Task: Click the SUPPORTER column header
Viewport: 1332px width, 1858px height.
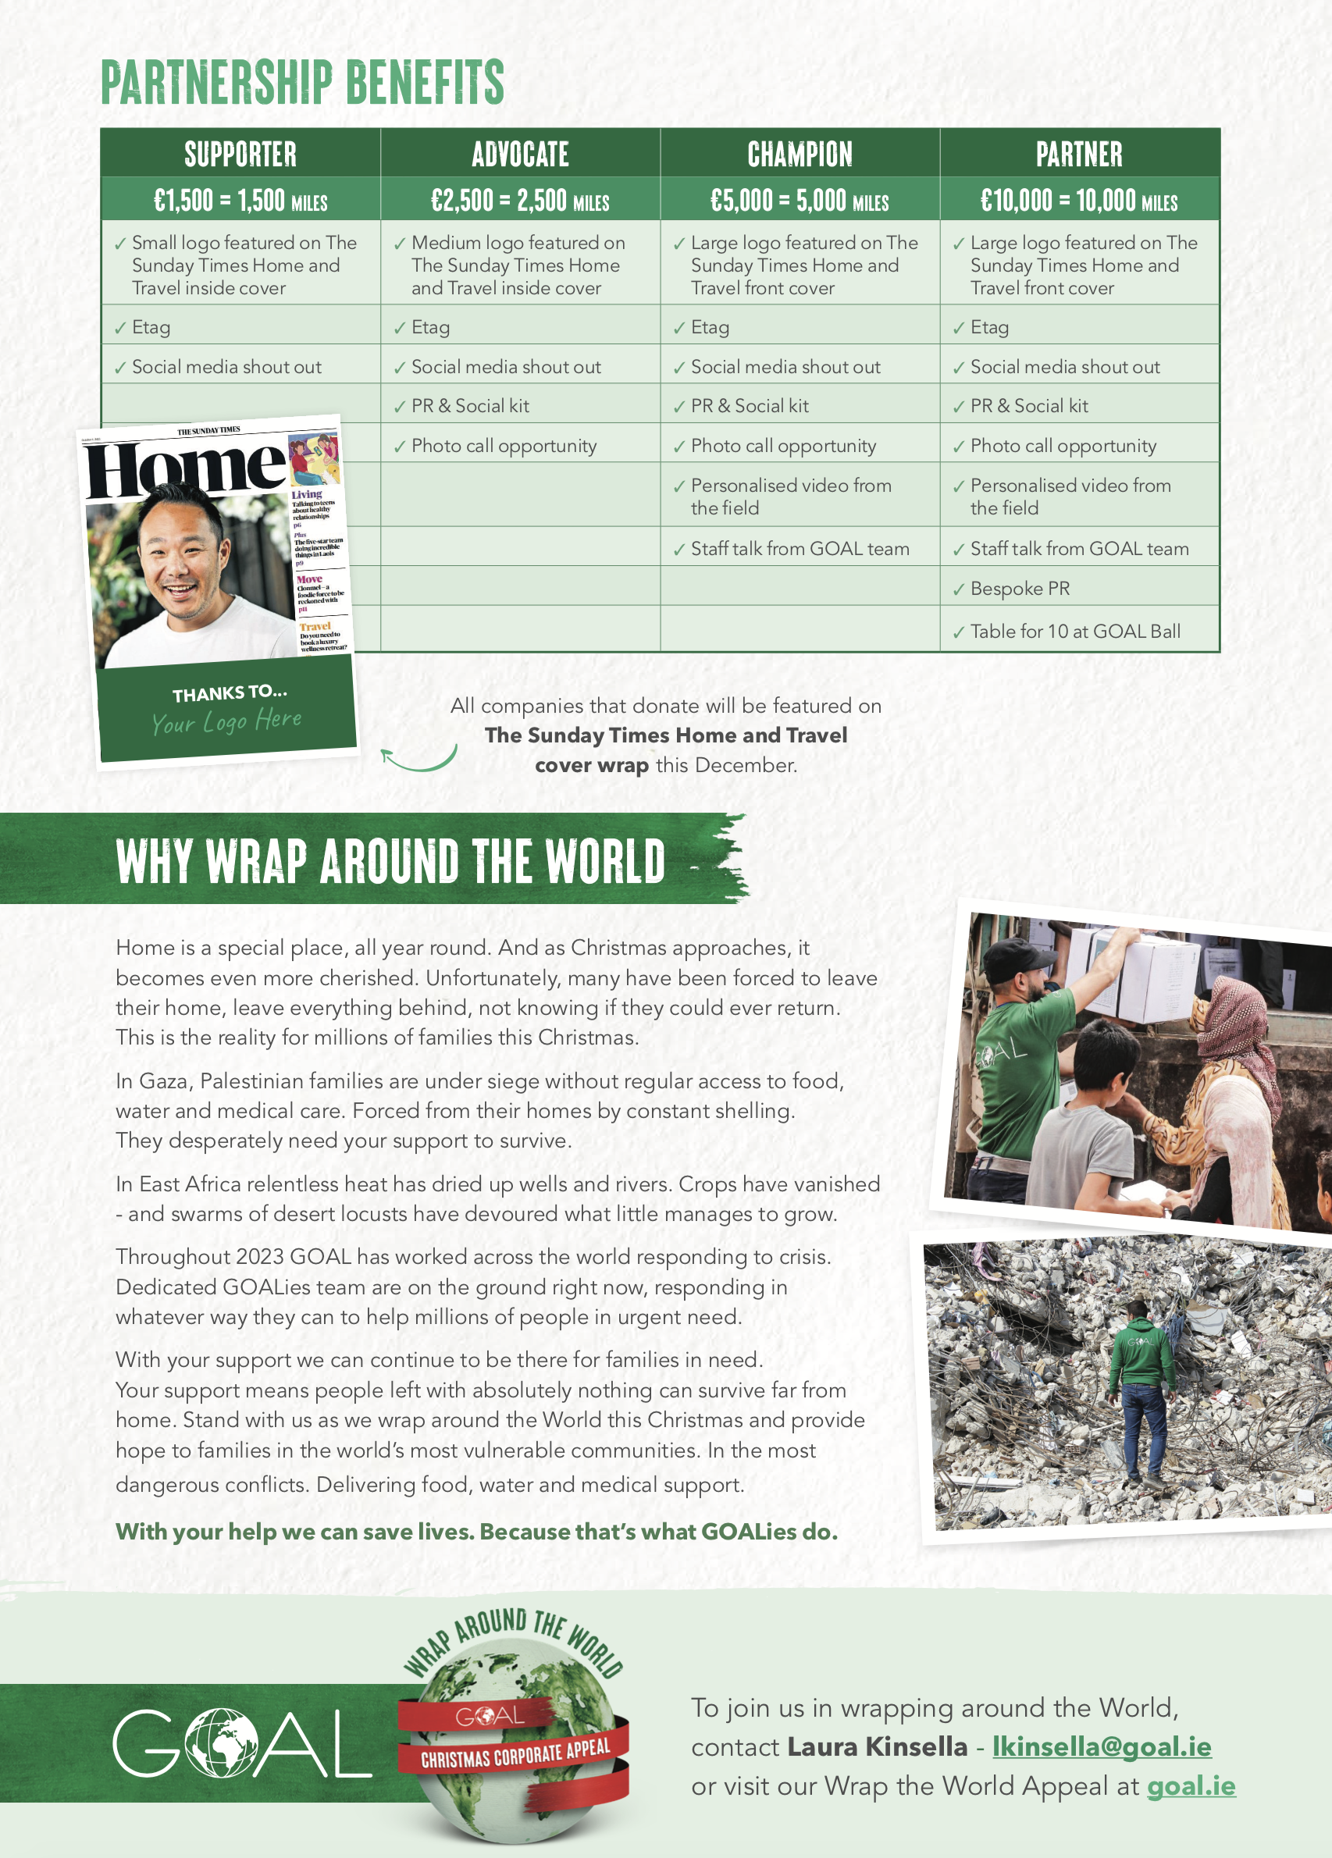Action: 240,154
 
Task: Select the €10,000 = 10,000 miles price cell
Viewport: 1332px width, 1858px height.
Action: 1079,200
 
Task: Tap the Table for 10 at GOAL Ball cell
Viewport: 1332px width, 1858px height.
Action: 1075,631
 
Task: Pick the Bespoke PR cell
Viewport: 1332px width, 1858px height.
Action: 1020,588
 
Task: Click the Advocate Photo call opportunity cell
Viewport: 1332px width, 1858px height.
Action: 504,446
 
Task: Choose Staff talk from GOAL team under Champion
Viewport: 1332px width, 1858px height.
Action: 800,549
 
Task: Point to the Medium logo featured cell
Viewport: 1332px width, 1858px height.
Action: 518,265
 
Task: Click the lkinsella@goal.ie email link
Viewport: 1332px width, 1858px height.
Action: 1101,1746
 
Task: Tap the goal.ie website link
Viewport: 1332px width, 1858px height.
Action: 1190,1785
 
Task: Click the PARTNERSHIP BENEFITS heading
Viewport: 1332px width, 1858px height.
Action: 302,82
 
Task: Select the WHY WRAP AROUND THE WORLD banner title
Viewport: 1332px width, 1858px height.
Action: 390,861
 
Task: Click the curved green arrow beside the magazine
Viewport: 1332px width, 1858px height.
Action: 418,760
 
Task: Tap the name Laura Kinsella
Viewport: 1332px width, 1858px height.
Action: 877,1746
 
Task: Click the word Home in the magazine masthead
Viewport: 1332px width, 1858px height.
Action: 185,468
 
